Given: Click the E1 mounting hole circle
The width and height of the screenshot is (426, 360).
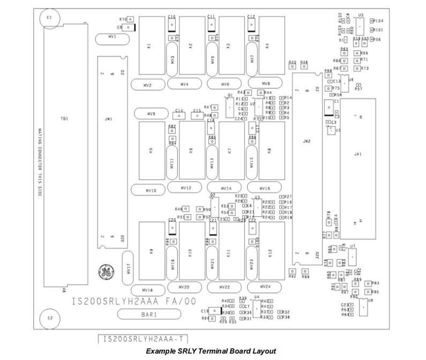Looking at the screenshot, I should (50, 18).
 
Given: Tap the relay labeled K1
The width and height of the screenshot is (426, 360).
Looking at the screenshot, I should (150, 46).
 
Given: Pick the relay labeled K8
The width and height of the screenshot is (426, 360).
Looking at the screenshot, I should (270, 151).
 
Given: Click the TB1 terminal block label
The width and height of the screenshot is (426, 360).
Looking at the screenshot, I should (65, 118).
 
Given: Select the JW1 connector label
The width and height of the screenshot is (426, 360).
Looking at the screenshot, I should (108, 119).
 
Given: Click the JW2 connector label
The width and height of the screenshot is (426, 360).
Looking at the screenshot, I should (307, 141).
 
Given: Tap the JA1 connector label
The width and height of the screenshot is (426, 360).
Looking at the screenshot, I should (358, 154).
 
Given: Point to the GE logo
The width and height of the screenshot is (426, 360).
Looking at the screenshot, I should (104, 273).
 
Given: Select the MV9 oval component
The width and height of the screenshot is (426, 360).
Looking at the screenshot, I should (151, 114).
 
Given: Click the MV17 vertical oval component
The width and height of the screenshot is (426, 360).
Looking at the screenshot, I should (129, 269).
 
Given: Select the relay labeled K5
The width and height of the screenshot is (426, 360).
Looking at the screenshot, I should (151, 151).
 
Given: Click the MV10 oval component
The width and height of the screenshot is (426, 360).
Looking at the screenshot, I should (151, 190).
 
